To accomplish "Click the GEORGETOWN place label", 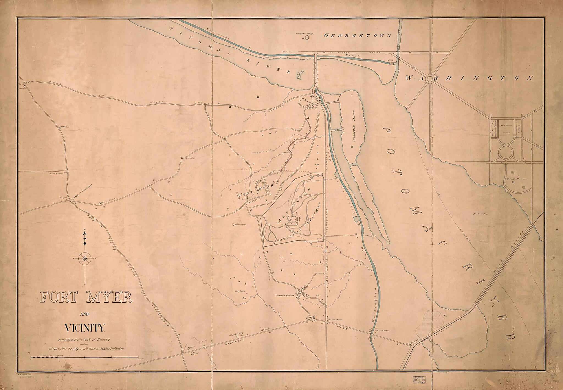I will (358, 35).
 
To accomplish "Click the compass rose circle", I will (85, 258).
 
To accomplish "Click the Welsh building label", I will (65, 127).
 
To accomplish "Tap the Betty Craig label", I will (239, 292).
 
